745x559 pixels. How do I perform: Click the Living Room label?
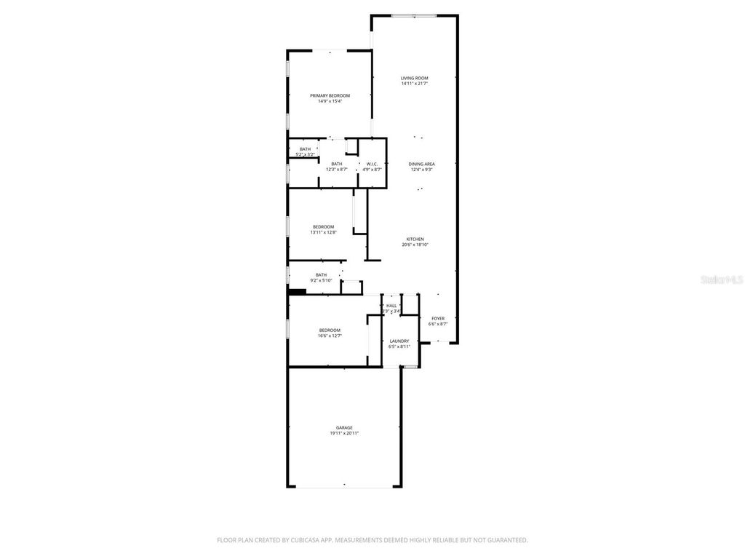pyautogui.click(x=415, y=78)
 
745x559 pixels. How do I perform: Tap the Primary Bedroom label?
pyautogui.click(x=330, y=95)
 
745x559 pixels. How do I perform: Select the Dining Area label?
pyautogui.click(x=421, y=164)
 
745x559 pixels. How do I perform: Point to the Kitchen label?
pyautogui.click(x=415, y=239)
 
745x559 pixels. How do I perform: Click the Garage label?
pyautogui.click(x=344, y=427)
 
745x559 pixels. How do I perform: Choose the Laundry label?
pyautogui.click(x=399, y=341)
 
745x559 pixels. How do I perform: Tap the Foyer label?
pyautogui.click(x=438, y=318)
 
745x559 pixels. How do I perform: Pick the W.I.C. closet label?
pyautogui.click(x=370, y=164)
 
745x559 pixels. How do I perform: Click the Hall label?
pyautogui.click(x=391, y=306)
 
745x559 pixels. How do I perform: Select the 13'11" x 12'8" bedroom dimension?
pyautogui.click(x=324, y=232)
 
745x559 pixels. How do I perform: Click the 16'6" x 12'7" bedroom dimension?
pyautogui.click(x=330, y=336)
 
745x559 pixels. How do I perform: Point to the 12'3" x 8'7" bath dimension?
pyautogui.click(x=337, y=170)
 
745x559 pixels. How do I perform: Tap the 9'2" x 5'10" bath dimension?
pyautogui.click(x=321, y=280)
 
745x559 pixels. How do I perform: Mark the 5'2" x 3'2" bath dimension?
pyautogui.click(x=305, y=154)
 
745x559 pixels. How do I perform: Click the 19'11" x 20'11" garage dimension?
pyautogui.click(x=344, y=433)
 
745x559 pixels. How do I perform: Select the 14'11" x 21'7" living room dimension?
pyautogui.click(x=415, y=84)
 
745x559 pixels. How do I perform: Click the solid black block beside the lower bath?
pyautogui.click(x=297, y=292)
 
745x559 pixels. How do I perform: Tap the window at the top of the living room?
pyautogui.click(x=414, y=15)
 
